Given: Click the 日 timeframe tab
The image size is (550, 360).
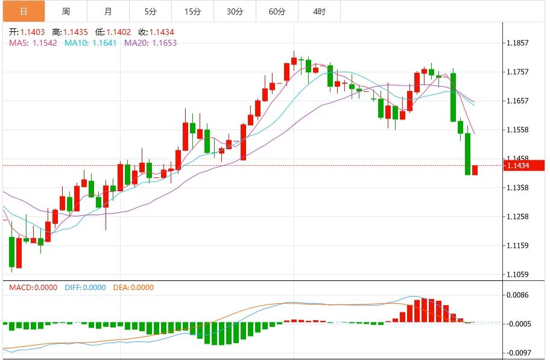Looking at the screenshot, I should pyautogui.click(x=24, y=11).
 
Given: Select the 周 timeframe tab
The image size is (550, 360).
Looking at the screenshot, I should pyautogui.click(x=66, y=11).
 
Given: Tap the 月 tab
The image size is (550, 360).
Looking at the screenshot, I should pyautogui.click(x=108, y=11).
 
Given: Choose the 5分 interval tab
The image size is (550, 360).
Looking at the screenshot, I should pyautogui.click(x=150, y=11).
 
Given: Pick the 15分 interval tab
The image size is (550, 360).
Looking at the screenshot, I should pyautogui.click(x=192, y=11).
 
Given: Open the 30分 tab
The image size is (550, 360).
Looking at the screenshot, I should pyautogui.click(x=235, y=11).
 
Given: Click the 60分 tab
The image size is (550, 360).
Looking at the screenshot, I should pyautogui.click(x=277, y=11).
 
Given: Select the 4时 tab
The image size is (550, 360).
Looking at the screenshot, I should pyautogui.click(x=319, y=11).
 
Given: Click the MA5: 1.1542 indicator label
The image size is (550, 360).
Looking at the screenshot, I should pyautogui.click(x=33, y=43).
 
